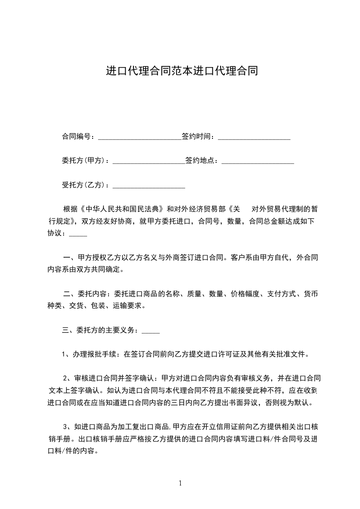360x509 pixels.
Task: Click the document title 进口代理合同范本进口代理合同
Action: [x=182, y=71]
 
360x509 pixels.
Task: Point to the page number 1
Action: [x=180, y=483]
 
